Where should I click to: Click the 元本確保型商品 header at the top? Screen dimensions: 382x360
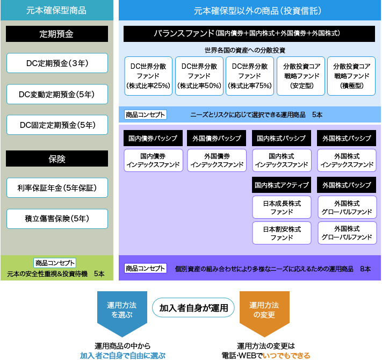(x=57, y=10)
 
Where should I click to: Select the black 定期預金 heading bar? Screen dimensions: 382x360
(x=57, y=34)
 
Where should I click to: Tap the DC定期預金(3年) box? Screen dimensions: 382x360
(x=57, y=63)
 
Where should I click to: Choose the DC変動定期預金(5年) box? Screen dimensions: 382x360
(x=57, y=94)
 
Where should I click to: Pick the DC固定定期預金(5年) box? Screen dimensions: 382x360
(x=57, y=125)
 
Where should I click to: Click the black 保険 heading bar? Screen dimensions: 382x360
(x=57, y=159)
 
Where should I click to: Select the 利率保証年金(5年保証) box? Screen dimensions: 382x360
(x=57, y=188)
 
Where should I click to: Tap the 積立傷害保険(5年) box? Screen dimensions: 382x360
(x=57, y=219)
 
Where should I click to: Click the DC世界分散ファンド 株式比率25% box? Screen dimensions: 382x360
(x=148, y=76)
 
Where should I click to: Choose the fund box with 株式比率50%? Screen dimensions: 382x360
(x=199, y=76)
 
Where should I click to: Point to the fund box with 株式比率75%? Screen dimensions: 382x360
(x=250, y=76)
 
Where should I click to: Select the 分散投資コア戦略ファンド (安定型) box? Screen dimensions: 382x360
(x=301, y=76)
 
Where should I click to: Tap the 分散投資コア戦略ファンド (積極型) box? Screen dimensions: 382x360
(x=351, y=76)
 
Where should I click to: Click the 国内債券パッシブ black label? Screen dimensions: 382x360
(x=153, y=138)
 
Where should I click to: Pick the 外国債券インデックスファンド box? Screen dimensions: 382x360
(x=217, y=161)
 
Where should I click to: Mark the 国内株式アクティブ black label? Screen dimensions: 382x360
(x=282, y=185)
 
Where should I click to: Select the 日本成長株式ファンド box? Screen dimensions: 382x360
(x=282, y=207)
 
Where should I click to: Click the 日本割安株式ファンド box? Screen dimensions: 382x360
(x=282, y=233)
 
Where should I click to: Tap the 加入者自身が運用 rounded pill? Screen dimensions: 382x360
(x=193, y=308)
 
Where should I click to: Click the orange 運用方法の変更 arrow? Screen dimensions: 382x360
(x=264, y=313)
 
